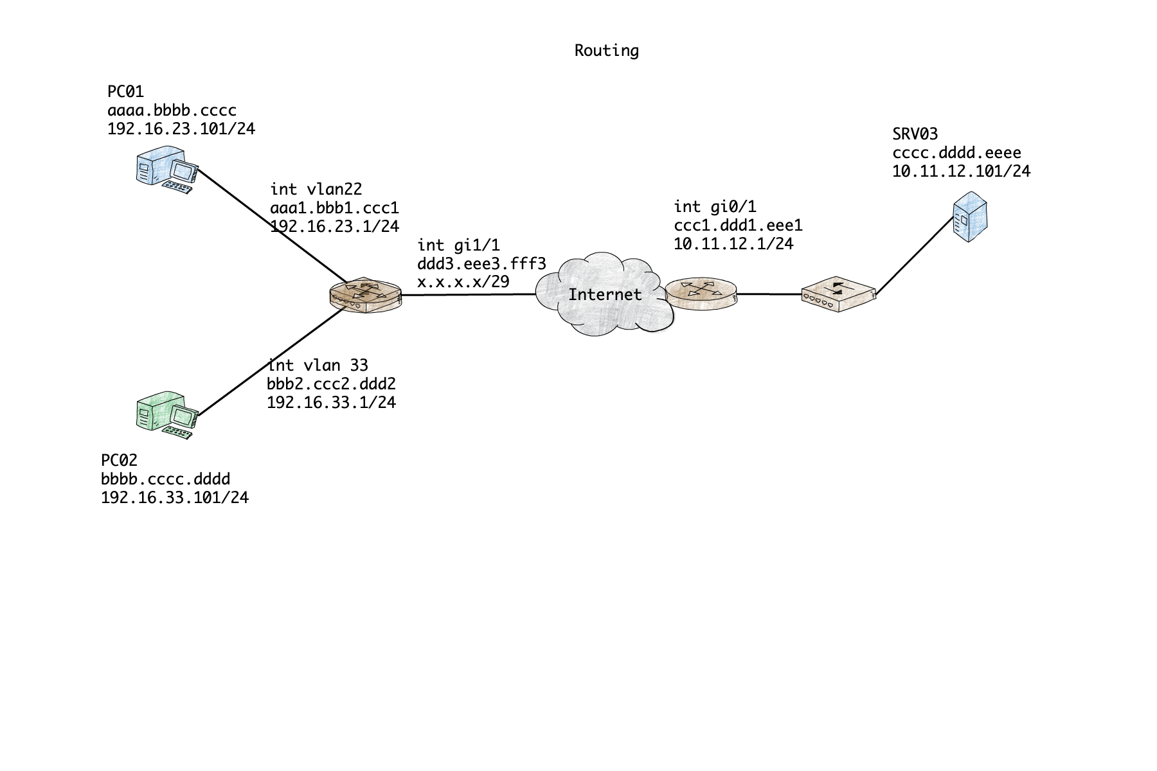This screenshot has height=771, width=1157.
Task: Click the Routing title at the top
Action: [x=606, y=51]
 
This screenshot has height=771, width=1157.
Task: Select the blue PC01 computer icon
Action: [x=165, y=170]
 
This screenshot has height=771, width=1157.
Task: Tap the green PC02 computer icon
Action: [x=165, y=414]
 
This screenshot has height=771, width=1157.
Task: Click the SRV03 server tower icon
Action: [x=969, y=217]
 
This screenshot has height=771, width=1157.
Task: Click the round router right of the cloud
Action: [x=701, y=294]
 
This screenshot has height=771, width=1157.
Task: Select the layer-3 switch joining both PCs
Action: [x=365, y=296]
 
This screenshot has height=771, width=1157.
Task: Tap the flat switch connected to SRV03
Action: [x=838, y=294]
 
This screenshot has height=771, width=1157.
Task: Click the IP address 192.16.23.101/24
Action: [x=181, y=129]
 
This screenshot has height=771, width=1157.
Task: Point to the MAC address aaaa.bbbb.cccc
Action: [x=172, y=111]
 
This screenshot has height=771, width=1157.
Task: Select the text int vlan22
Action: [x=316, y=190]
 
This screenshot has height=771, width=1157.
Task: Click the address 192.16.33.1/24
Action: [x=331, y=403]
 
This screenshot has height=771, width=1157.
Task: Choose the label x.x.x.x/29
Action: [x=463, y=281]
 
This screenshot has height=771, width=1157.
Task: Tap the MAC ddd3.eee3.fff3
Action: [x=481, y=263]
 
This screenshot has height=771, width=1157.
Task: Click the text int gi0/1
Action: [x=715, y=207]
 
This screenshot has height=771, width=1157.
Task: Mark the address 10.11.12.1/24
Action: [x=733, y=244]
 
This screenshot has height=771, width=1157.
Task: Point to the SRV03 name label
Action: [x=915, y=134]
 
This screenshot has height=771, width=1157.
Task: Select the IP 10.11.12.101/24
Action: [x=961, y=172]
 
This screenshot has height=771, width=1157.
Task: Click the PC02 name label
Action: [x=119, y=461]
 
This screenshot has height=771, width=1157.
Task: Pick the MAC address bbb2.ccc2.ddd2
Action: [x=331, y=384]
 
